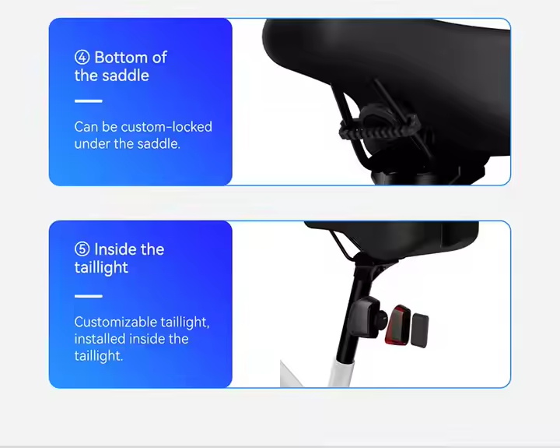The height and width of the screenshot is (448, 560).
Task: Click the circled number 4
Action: coord(82,57)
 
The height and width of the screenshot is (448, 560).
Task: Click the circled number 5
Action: coord(82,249)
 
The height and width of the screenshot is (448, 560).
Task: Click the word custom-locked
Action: coord(166,127)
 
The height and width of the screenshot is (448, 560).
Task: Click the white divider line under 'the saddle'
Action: coord(89,101)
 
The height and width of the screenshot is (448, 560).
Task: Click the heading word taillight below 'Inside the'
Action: coord(101,268)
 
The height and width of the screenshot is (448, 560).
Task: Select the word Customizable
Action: coord(115,322)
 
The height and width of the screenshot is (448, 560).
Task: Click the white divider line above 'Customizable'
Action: coord(89,296)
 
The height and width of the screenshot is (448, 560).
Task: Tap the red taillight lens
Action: coord(397,325)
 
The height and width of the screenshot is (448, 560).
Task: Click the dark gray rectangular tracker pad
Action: coord(420,330)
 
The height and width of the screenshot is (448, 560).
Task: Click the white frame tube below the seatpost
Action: coord(341,373)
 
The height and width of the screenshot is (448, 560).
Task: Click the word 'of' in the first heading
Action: coord(159,57)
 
